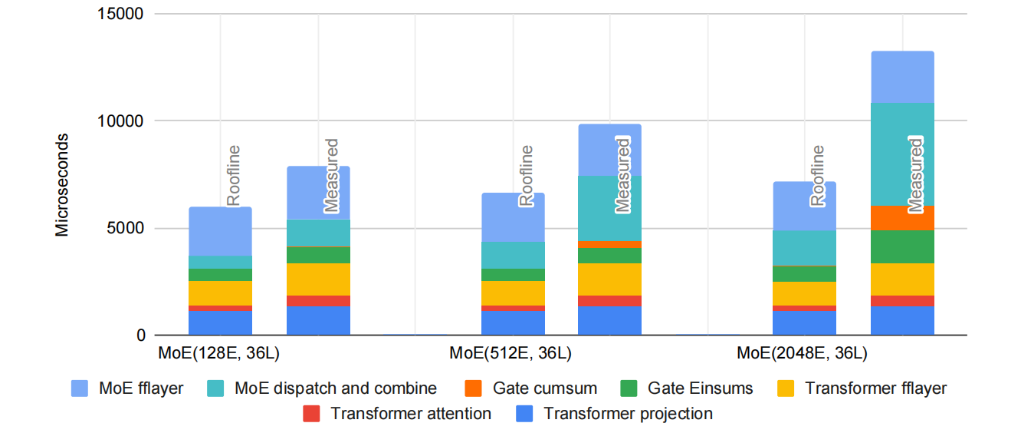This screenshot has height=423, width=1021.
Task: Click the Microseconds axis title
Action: coord(62,185)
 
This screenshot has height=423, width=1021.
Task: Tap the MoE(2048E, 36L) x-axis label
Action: coord(802,354)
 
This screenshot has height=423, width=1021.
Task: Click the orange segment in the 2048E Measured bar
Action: coord(902,218)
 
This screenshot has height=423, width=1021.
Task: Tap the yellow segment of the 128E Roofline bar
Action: coord(220,293)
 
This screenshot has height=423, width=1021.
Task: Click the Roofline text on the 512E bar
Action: coord(526,176)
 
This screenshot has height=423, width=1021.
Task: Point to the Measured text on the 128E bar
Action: coord(331,175)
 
